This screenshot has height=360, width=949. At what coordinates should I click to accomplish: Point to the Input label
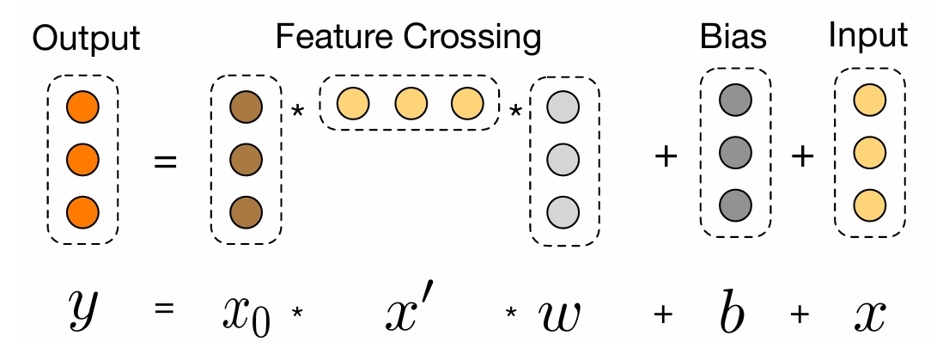tap(868, 36)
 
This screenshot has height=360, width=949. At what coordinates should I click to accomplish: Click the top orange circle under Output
tap(82, 108)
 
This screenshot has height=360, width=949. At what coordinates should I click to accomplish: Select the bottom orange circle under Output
tap(82, 208)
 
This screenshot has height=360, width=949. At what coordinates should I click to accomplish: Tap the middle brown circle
tap(246, 160)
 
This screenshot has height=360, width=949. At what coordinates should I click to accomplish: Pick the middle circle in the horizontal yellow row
tap(411, 103)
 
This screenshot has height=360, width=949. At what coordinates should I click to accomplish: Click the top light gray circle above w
tap(564, 109)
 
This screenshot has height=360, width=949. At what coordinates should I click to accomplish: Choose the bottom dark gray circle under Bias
tap(736, 204)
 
